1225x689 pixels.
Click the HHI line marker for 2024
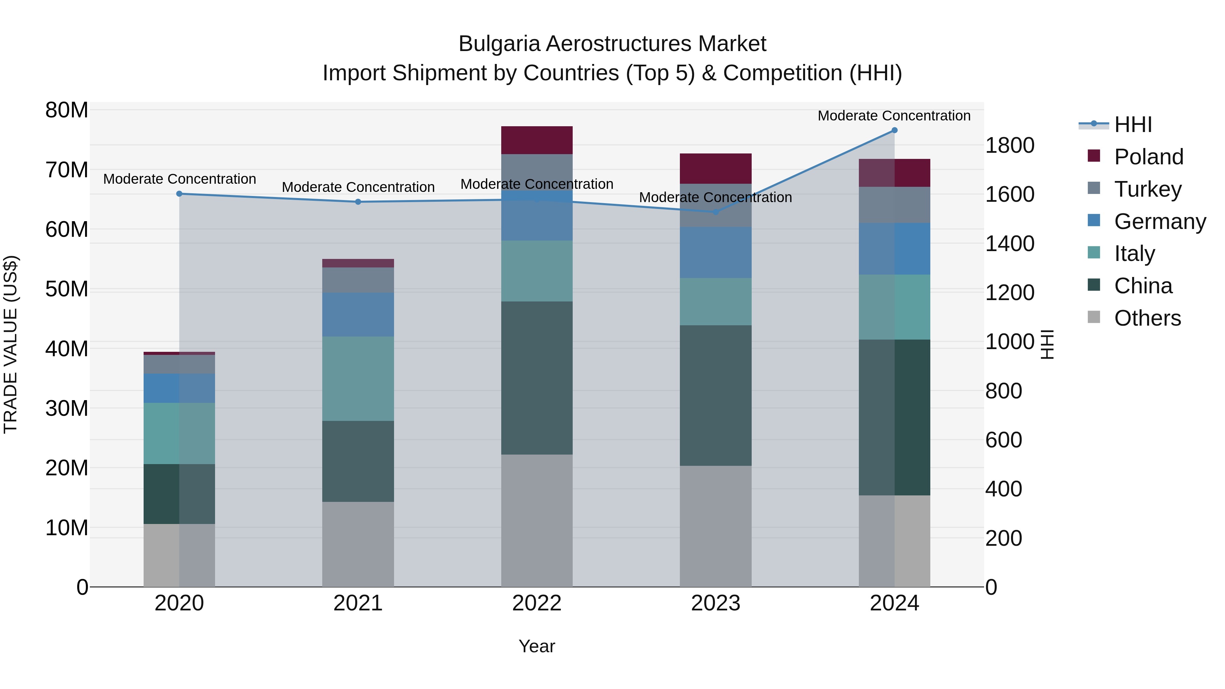pyautogui.click(x=894, y=130)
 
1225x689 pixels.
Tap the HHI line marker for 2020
pyautogui.click(x=179, y=194)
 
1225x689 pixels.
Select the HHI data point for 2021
pyautogui.click(x=358, y=202)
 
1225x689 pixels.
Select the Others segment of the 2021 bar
pyautogui.click(x=358, y=544)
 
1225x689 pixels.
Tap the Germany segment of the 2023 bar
pyautogui.click(x=715, y=252)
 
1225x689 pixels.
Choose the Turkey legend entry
pyautogui.click(x=1147, y=189)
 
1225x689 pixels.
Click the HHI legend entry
pyautogui.click(x=1133, y=125)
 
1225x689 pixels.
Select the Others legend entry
pyautogui.click(x=1147, y=318)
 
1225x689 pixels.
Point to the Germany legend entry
pyautogui.click(x=1159, y=221)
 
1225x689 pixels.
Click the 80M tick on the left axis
pyautogui.click(x=67, y=110)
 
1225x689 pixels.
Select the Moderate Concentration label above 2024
pyautogui.click(x=894, y=116)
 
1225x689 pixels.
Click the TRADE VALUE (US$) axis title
pyautogui.click(x=11, y=344)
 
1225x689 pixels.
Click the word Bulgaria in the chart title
pyautogui.click(x=499, y=44)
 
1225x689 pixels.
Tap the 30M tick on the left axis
pyautogui.click(x=67, y=408)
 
